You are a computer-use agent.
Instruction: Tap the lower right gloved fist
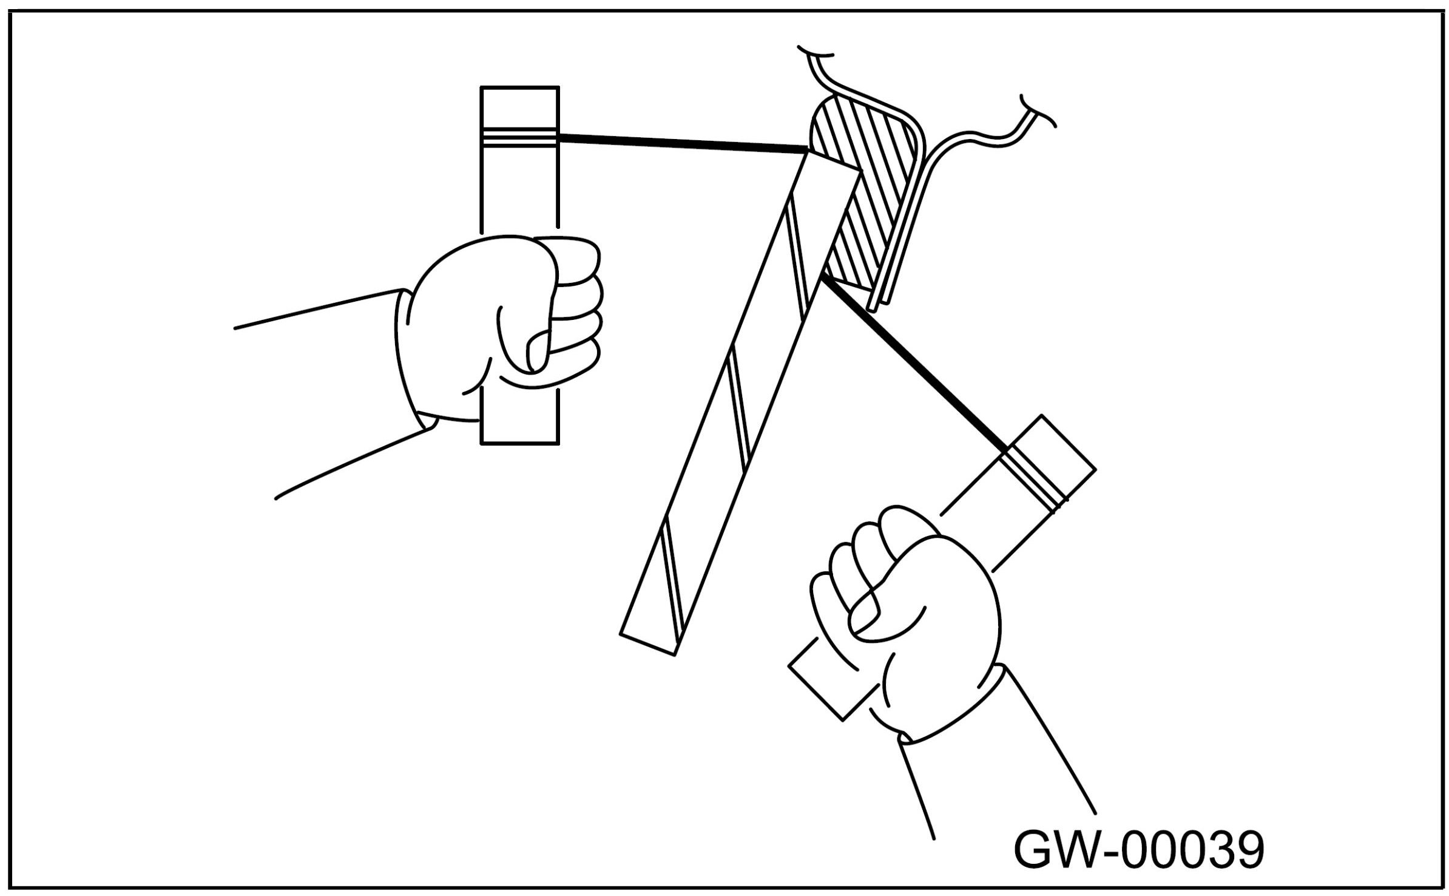click(910, 625)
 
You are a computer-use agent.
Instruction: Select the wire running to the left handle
click(680, 144)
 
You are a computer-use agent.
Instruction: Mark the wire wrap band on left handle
click(519, 138)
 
